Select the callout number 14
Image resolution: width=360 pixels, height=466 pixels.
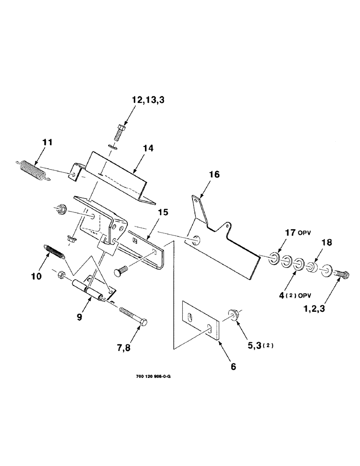[148, 148]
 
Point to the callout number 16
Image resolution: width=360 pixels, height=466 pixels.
[214, 175]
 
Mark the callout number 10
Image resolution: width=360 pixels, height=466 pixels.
[36, 276]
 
